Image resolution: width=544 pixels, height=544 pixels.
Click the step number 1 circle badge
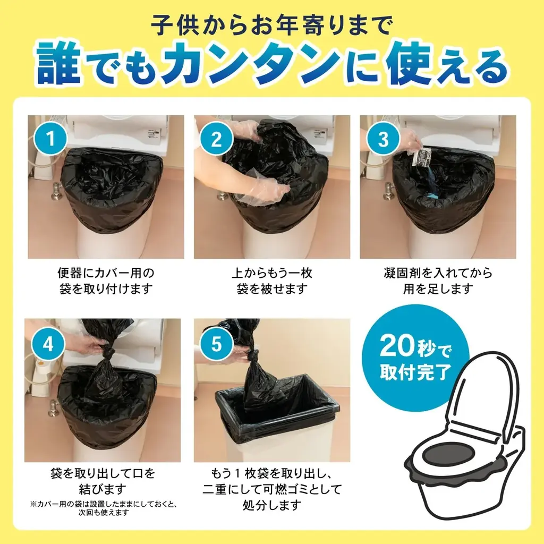pos(50,139)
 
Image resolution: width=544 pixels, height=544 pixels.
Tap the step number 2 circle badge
pos(216,139)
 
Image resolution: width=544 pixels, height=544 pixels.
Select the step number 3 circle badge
pos(383,139)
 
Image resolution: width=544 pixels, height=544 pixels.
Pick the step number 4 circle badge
pos(48,344)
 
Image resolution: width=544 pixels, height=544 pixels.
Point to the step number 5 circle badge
pos(216,344)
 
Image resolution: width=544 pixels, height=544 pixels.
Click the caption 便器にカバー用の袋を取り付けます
pos(106,281)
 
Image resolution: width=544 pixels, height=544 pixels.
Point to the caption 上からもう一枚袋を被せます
pos(271,281)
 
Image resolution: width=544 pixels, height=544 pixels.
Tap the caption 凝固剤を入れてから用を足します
pos(438,281)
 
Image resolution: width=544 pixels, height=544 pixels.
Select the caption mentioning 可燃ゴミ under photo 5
pos(271,488)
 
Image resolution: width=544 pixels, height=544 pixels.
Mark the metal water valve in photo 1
pos(56,191)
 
